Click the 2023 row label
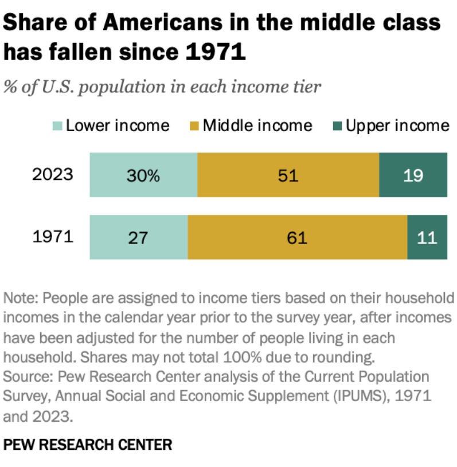pos(53,174)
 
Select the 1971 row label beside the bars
pos(53,236)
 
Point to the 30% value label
pos(143,175)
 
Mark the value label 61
pos(297,237)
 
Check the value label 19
pos(413,175)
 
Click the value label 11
pos(427,237)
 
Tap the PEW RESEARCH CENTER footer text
pos(87,444)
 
